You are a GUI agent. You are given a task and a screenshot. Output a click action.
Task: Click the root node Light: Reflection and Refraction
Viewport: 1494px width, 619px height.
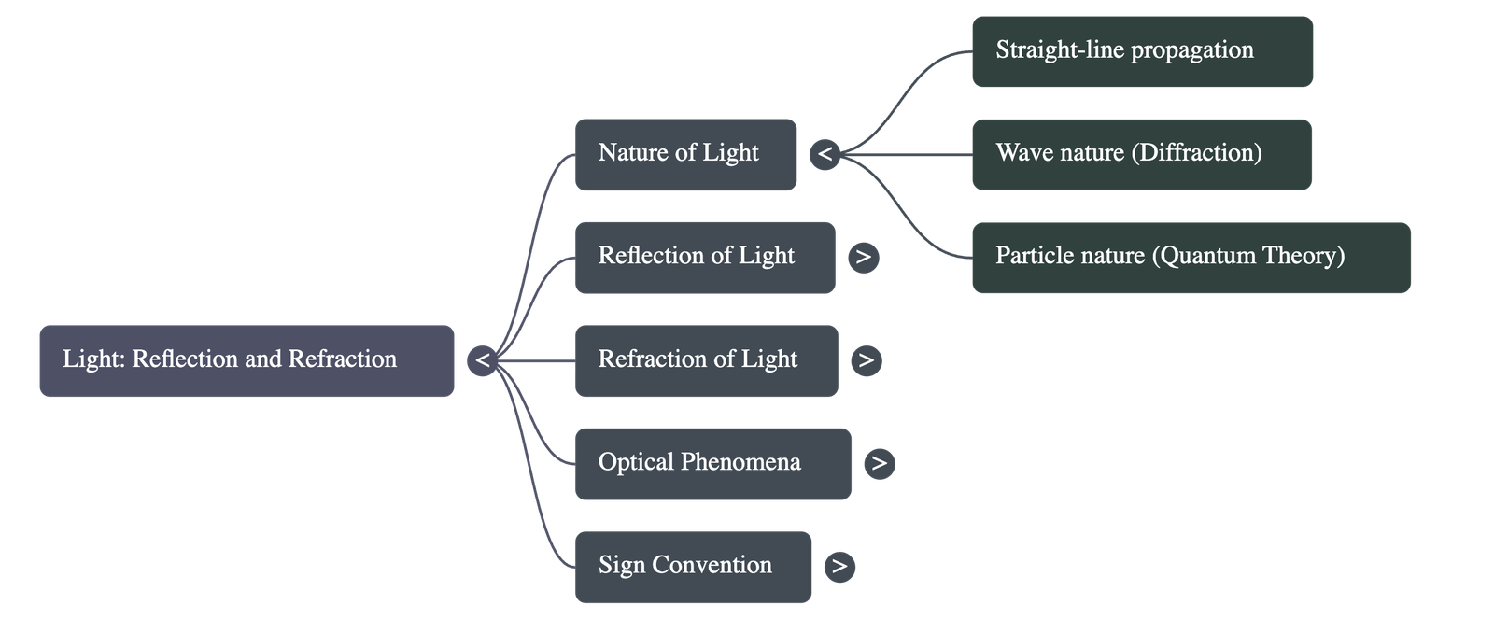(247, 360)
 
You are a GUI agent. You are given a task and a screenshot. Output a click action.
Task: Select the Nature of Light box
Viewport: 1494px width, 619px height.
(685, 154)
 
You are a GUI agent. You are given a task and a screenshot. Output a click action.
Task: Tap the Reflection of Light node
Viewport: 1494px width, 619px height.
(704, 257)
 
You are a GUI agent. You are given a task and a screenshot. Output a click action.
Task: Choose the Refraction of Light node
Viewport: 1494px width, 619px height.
(706, 360)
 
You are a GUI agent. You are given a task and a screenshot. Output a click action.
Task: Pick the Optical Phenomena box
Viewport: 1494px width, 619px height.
(712, 463)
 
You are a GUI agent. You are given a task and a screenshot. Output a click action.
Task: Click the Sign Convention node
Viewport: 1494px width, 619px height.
(693, 566)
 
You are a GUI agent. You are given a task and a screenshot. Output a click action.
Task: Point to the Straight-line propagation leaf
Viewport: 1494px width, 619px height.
(1142, 51)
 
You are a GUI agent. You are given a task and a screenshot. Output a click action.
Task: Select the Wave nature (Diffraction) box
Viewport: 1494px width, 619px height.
(1141, 154)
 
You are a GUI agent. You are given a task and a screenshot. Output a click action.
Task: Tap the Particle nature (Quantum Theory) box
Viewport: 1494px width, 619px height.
(1191, 257)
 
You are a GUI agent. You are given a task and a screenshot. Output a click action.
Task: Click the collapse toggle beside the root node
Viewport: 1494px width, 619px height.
(483, 360)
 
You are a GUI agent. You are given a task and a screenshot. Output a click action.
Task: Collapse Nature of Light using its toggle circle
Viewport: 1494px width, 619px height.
(825, 154)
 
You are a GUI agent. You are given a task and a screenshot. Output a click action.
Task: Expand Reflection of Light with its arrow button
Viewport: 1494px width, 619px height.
(864, 257)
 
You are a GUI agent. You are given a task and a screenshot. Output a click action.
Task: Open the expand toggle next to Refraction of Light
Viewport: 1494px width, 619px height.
(867, 360)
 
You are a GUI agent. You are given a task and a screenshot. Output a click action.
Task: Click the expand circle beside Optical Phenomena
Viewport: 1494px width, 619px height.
(880, 463)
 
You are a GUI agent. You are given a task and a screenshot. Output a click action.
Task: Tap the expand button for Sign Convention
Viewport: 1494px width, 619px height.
(840, 566)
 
